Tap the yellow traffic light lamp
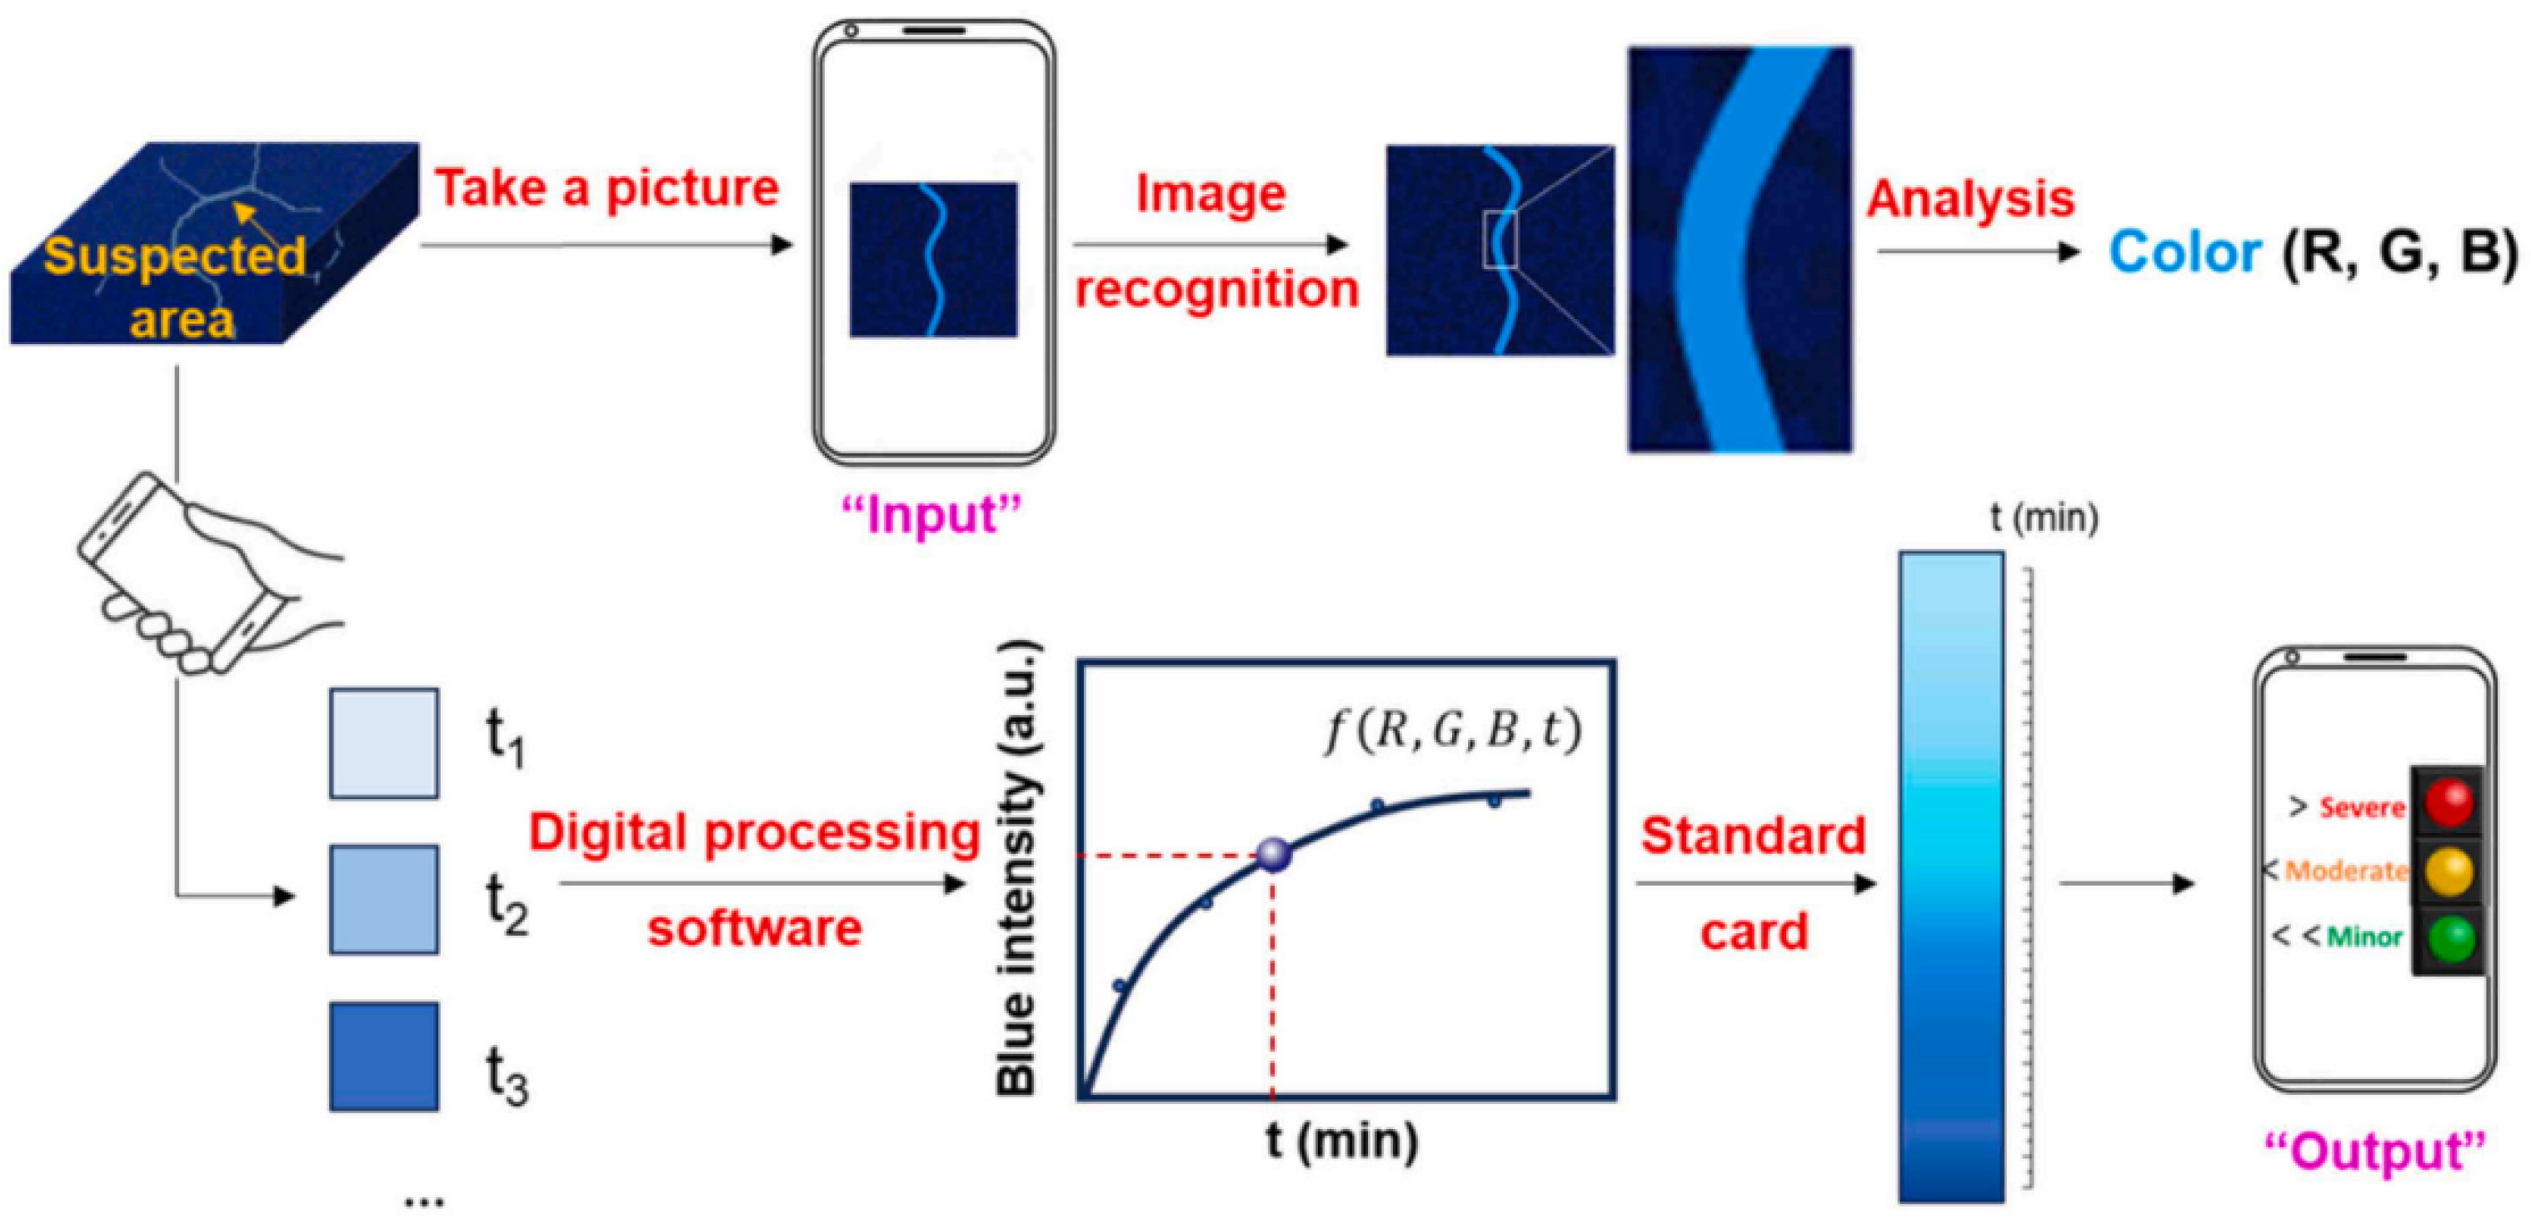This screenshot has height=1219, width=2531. [x=2448, y=870]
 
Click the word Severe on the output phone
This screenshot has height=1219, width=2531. [x=2362, y=807]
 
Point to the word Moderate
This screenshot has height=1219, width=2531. [x=2345, y=870]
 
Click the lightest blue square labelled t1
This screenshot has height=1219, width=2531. [x=383, y=742]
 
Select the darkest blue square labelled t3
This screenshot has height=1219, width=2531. [x=383, y=1056]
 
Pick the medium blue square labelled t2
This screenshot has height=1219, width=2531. [x=383, y=899]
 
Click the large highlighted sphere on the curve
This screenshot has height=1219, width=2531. [x=1275, y=853]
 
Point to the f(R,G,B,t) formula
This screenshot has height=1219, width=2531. [x=1452, y=730]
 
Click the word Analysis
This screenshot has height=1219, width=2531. [x=1970, y=199]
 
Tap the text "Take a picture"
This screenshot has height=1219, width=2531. [x=607, y=187]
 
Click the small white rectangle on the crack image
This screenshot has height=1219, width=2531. [x=1500, y=238]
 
